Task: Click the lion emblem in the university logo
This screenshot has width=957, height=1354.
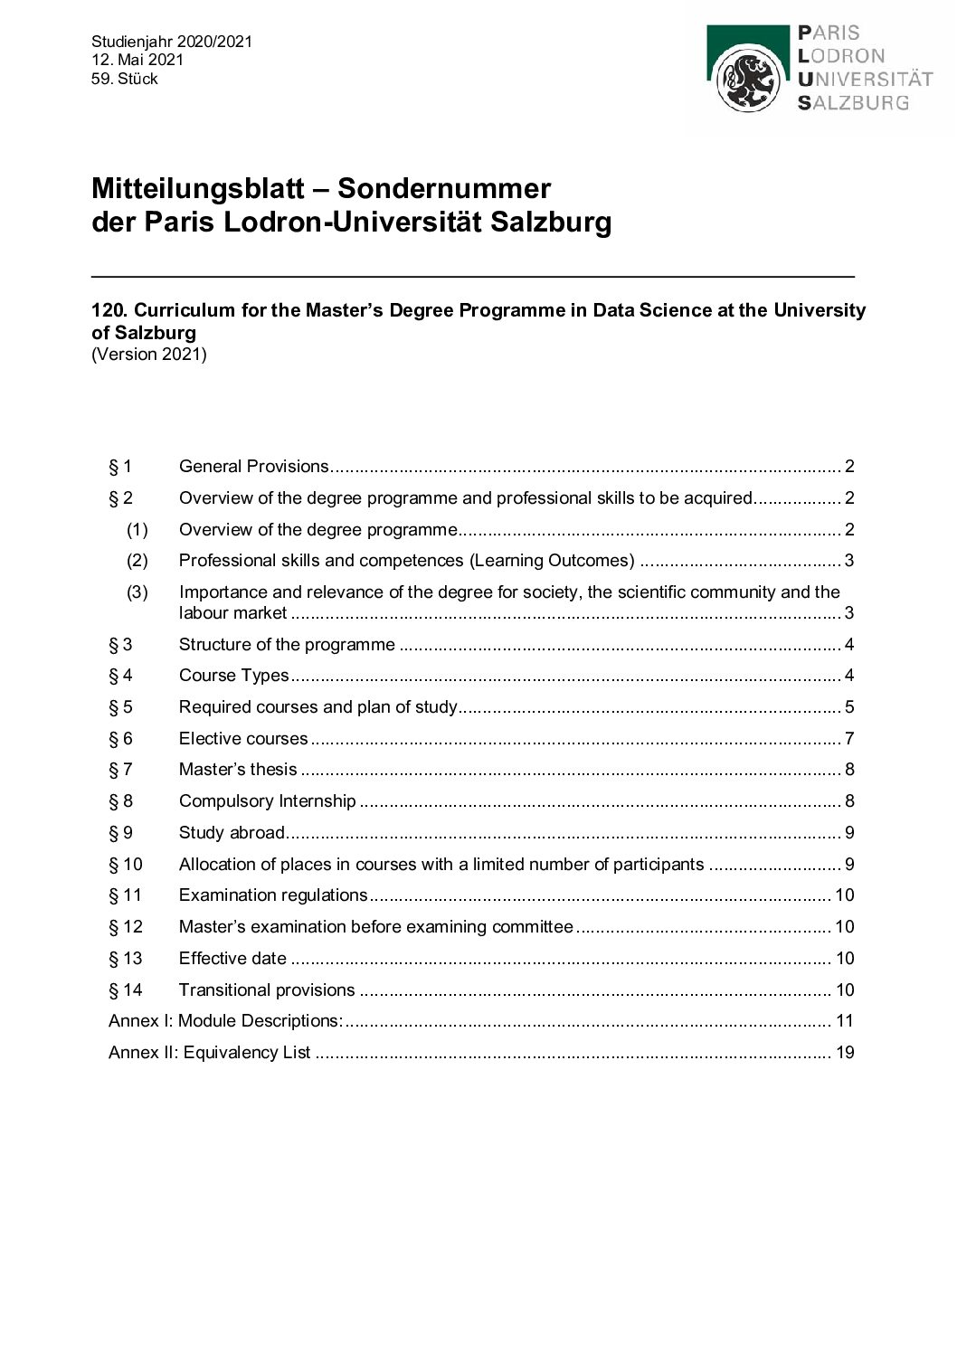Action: pyautogui.click(x=748, y=80)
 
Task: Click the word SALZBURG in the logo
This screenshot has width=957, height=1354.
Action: pyautogui.click(x=853, y=102)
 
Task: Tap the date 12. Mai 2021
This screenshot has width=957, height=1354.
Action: pyautogui.click(x=137, y=60)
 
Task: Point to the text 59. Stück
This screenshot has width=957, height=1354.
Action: pyautogui.click(x=125, y=79)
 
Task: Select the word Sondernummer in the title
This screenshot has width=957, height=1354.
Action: pyautogui.click(x=444, y=188)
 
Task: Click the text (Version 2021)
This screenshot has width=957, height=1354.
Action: pyautogui.click(x=149, y=354)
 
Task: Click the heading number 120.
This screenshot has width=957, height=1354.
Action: pyautogui.click(x=109, y=310)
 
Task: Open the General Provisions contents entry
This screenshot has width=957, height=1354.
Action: pyautogui.click(x=254, y=467)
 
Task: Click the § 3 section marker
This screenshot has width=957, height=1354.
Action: pyautogui.click(x=120, y=645)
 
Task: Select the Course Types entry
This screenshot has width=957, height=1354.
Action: pyautogui.click(x=234, y=676)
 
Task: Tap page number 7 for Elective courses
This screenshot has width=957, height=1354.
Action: pyautogui.click(x=849, y=739)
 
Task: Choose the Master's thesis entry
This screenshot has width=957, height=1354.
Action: pyautogui.click(x=238, y=770)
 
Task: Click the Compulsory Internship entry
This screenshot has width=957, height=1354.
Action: pyautogui.click(x=268, y=801)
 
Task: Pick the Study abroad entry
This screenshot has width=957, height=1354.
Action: pyautogui.click(x=232, y=833)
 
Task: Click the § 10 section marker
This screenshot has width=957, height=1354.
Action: pyautogui.click(x=126, y=865)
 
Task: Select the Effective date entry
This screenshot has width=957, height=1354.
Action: pyautogui.click(x=232, y=959)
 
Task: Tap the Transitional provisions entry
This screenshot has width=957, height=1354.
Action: pyautogui.click(x=267, y=990)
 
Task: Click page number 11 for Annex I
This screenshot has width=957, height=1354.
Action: pyautogui.click(x=845, y=1021)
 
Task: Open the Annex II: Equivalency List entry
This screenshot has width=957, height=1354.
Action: pyautogui.click(x=210, y=1053)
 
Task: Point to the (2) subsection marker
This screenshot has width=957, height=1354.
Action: pyautogui.click(x=137, y=561)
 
